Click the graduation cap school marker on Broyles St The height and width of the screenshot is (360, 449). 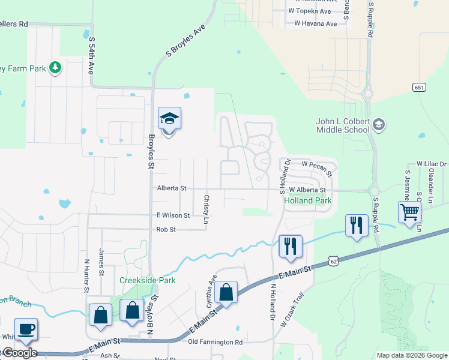pyautogui.click(x=169, y=119)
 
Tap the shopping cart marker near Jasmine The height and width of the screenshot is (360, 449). pyautogui.click(x=409, y=212)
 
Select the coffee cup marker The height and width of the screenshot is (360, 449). pyautogui.click(x=26, y=329)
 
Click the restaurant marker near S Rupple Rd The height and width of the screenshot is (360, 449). pyautogui.click(x=357, y=226)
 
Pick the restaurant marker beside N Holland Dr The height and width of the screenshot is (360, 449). pyautogui.click(x=291, y=246)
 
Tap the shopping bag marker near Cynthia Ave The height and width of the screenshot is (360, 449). pyautogui.click(x=226, y=293)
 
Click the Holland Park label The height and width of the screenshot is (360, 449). pyautogui.click(x=307, y=200)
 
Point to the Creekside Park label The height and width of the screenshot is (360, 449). pyautogui.click(x=147, y=280)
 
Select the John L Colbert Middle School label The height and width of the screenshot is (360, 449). pyautogui.click(x=343, y=125)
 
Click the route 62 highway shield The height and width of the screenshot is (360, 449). pyautogui.click(x=334, y=261)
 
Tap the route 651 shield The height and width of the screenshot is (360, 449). pyautogui.click(x=420, y=88)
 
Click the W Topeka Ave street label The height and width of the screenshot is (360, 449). pyautogui.click(x=309, y=11)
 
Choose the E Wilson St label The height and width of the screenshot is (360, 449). pyautogui.click(x=173, y=215)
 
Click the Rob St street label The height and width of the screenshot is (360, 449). pyautogui.click(x=166, y=230)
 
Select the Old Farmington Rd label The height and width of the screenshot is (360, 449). pyautogui.click(x=215, y=342)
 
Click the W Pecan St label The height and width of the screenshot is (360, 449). pyautogui.click(x=316, y=163)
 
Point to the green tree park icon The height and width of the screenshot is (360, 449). pyautogui.click(x=55, y=67)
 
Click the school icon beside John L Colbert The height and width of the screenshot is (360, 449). pyautogui.click(x=379, y=125)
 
